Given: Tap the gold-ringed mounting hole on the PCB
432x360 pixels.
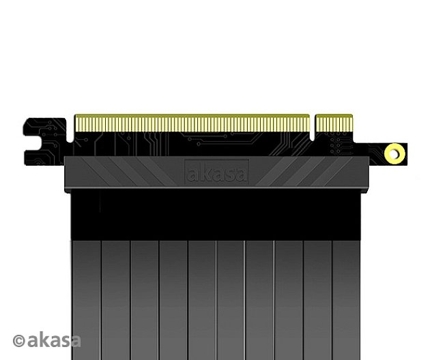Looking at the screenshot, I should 394,153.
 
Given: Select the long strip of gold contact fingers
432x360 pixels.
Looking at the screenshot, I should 191,123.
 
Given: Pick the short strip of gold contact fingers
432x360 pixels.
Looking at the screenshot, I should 333,123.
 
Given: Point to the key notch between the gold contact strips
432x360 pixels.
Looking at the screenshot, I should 313,126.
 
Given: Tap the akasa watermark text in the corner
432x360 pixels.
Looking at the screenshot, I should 54,340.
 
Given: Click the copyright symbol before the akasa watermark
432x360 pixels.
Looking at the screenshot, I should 19,340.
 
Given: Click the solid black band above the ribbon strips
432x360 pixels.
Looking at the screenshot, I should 216,215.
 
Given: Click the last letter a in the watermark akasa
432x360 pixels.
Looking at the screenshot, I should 74,340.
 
